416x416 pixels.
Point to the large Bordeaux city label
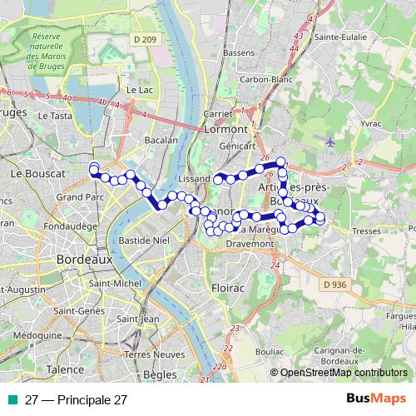84,260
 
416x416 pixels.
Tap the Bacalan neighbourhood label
161,141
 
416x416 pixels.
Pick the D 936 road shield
332,285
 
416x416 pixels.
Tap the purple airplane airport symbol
332,141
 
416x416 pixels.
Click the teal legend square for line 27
13,399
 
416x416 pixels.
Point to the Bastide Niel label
144,239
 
